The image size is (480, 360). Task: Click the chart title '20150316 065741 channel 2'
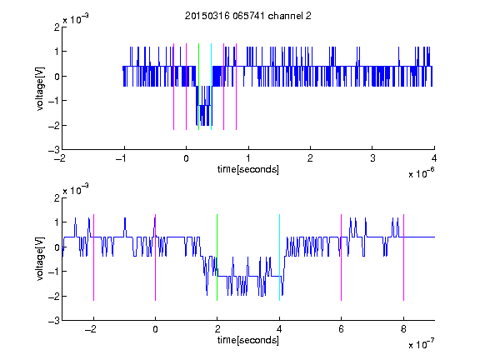[248, 16]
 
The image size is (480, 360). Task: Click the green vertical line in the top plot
[198, 87]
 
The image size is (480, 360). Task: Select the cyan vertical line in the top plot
[211, 87]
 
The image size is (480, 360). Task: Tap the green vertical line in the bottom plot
[217, 257]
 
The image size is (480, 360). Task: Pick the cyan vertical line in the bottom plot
[279, 257]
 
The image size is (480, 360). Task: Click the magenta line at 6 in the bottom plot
[342, 257]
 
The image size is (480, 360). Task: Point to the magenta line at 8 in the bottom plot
[404, 257]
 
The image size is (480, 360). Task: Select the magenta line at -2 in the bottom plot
[93, 257]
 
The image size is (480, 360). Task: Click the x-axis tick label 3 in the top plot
[372, 158]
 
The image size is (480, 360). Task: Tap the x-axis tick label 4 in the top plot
[434, 158]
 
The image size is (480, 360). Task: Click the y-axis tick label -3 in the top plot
[54, 150]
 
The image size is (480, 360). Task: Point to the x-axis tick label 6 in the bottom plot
[342, 329]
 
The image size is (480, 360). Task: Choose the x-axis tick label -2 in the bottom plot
[90, 329]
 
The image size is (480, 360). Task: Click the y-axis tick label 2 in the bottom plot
[57, 197]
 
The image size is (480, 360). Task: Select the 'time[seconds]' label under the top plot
[248, 169]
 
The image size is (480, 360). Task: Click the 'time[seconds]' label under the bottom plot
[248, 340]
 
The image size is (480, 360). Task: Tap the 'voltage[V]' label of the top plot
[40, 89]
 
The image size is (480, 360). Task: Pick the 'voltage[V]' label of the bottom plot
[40, 259]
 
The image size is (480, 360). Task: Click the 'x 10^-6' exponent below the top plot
[422, 173]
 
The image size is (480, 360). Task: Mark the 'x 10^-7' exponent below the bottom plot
[422, 344]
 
